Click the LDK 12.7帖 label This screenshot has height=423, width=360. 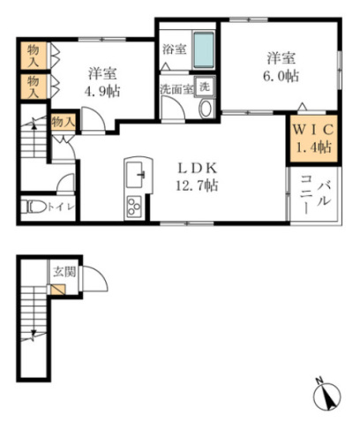[198, 178]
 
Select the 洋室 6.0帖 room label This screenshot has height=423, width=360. [282, 68]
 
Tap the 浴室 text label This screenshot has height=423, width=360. [174, 50]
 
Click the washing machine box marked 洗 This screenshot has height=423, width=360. [203, 87]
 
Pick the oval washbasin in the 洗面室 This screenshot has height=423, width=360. [206, 109]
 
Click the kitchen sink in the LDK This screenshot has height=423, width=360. [136, 175]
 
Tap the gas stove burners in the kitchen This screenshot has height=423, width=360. [135, 208]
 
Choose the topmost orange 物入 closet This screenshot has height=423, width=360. [34, 53]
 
